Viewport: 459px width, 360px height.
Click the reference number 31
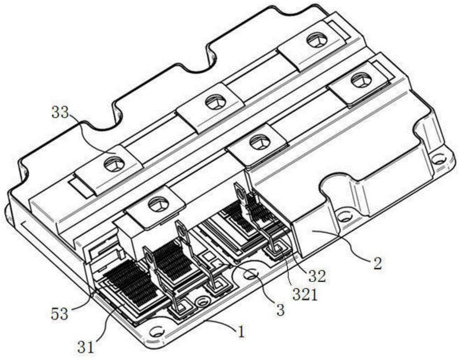click(85, 348)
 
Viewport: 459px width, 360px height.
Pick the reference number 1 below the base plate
click(241, 332)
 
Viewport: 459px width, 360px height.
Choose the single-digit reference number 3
click(280, 310)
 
